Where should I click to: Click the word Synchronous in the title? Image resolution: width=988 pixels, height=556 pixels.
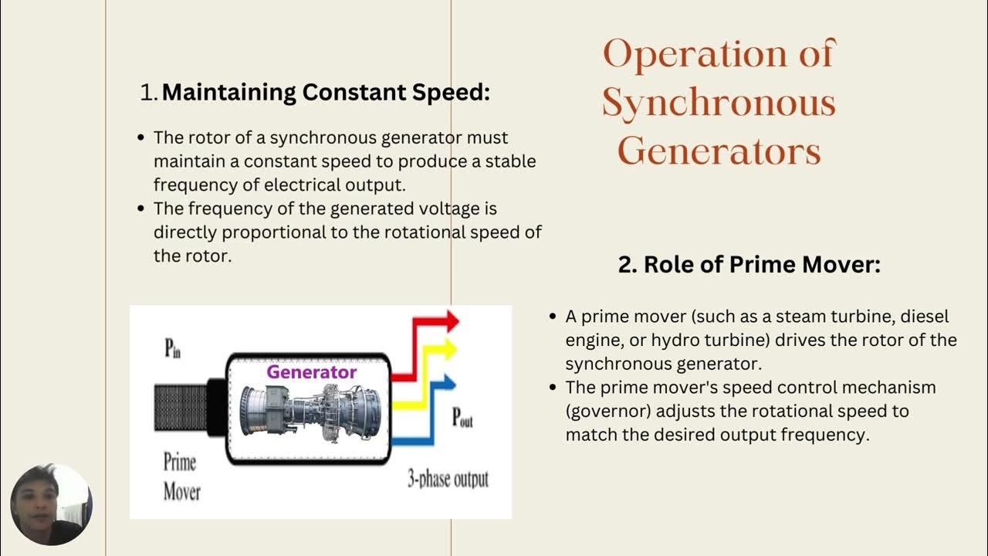click(x=719, y=103)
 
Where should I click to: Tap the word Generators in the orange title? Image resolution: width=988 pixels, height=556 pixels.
click(x=719, y=151)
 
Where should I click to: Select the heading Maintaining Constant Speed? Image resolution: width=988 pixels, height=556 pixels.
click(x=326, y=93)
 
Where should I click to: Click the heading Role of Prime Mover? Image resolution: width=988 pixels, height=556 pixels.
click(x=749, y=265)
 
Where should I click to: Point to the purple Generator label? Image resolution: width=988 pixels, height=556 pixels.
click(x=312, y=372)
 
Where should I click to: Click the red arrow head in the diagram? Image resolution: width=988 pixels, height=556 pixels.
click(x=450, y=320)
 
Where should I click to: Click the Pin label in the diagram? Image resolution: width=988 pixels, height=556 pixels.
click(x=173, y=349)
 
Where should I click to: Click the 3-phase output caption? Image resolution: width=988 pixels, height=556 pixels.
click(x=448, y=479)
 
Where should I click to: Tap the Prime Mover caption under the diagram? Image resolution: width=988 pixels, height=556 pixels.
click(x=181, y=476)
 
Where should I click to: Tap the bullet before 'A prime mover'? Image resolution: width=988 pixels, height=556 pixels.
click(x=552, y=317)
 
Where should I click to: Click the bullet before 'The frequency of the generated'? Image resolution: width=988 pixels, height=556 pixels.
click(x=140, y=208)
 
